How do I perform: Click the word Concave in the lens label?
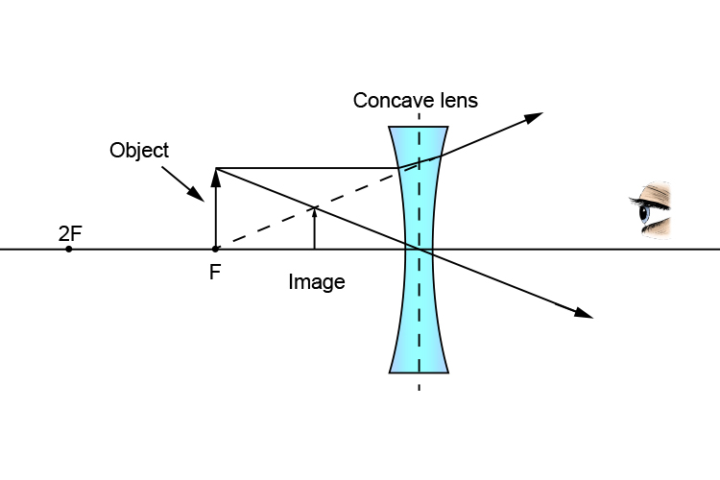pyautogui.click(x=387, y=100)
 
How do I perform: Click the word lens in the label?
pyautogui.click(x=456, y=100)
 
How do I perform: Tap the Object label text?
pyautogui.click(x=139, y=151)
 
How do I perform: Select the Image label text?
pyautogui.click(x=316, y=282)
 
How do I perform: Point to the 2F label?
pyautogui.click(x=70, y=232)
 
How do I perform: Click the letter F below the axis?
pyautogui.click(x=214, y=272)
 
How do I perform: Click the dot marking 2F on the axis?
pyautogui.click(x=69, y=249)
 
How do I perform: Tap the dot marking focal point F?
pyautogui.click(x=215, y=249)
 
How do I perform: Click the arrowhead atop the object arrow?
pyautogui.click(x=216, y=175)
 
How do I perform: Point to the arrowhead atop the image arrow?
pyautogui.click(x=314, y=211)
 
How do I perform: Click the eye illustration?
pyautogui.click(x=652, y=209)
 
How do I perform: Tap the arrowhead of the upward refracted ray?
pyautogui.click(x=534, y=116)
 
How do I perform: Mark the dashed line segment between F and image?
pyautogui.click(x=264, y=228)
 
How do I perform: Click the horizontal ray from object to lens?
pyautogui.click(x=307, y=169)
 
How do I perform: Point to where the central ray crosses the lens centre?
pyautogui.click(x=419, y=249)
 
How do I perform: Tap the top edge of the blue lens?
pyautogui.click(x=419, y=127)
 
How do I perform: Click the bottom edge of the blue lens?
pyautogui.click(x=419, y=372)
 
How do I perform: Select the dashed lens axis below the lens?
pyautogui.click(x=419, y=383)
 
